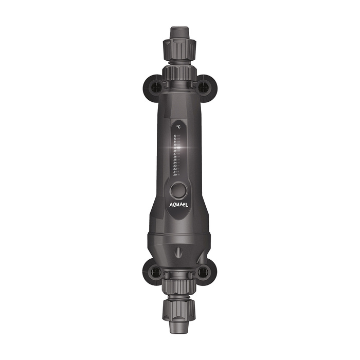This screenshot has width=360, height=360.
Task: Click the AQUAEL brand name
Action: tap(179, 205)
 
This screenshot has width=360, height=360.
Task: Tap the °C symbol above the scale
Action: tap(178, 125)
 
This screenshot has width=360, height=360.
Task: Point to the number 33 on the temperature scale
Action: tap(175, 136)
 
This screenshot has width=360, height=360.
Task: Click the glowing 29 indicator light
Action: tap(179, 148)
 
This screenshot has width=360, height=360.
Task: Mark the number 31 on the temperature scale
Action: tap(175, 141)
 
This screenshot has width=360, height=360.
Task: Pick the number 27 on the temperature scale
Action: tap(175, 154)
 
